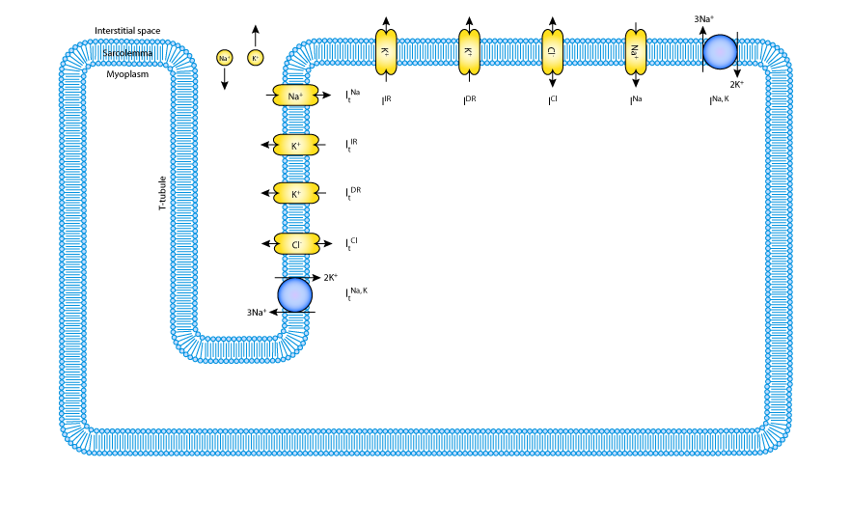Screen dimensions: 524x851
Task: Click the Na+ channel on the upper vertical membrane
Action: point(295,96)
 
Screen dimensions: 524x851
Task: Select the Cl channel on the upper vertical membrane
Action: point(296,244)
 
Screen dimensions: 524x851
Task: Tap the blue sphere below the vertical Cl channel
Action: point(295,294)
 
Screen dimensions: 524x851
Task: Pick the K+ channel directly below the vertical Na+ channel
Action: point(295,145)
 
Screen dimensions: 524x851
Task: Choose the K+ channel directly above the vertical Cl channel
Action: point(295,193)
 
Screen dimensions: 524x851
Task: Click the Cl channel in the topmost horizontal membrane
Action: point(552,51)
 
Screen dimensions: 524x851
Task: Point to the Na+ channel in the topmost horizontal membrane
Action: point(636,51)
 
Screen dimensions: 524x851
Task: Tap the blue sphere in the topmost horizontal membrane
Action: point(720,52)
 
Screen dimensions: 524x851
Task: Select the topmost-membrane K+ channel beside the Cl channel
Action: point(469,51)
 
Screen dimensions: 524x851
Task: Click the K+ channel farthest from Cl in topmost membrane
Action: point(386,51)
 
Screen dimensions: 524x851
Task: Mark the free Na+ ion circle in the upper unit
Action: point(225,58)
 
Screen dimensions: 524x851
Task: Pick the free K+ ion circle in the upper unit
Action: point(256,58)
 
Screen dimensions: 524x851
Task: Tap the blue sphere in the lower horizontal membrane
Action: point(720,410)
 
